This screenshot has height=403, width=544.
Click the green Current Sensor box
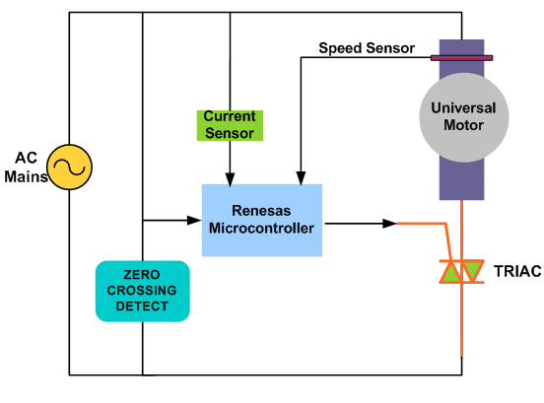[x=229, y=124]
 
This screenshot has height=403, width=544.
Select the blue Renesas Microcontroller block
[x=261, y=220]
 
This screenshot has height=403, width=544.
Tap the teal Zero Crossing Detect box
[x=142, y=291]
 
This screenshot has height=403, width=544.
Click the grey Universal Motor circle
[x=462, y=116]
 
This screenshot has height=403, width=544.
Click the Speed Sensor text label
[x=366, y=47]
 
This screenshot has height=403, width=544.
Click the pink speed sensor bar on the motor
[x=461, y=58]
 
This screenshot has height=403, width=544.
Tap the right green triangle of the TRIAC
[x=474, y=271]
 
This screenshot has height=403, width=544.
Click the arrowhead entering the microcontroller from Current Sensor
[x=229, y=179]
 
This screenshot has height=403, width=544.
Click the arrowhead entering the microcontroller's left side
[x=196, y=219]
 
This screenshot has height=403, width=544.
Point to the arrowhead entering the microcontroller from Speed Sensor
[x=299, y=179]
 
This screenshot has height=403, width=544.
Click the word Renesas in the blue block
[x=261, y=211]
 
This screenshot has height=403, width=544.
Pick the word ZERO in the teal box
[x=142, y=275]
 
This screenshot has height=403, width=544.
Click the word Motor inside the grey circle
[x=462, y=124]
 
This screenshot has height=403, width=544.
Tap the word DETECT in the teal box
[x=142, y=306]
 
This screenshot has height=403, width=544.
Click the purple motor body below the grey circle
[x=462, y=177]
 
